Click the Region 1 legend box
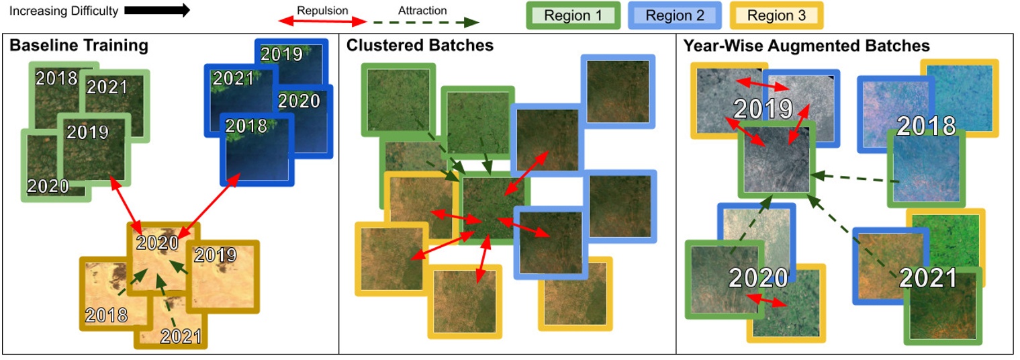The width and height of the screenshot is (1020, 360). point(573,15)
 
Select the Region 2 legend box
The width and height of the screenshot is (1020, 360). point(675,15)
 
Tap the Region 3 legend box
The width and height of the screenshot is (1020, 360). point(776,15)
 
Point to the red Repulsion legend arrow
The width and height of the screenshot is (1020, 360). point(323,22)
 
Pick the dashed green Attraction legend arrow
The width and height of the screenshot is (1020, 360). point(422,22)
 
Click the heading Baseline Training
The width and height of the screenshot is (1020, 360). point(78,46)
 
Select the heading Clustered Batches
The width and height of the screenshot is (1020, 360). point(420,46)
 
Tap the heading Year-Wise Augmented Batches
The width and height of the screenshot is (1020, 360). point(806,46)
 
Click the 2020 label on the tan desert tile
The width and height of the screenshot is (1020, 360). point(158,243)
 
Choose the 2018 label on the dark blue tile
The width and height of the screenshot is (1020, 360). point(246,126)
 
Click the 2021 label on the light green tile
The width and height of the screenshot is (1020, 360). point(107,87)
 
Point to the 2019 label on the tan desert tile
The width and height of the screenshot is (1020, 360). point(216,255)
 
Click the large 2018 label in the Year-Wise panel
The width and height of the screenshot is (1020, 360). point(926,126)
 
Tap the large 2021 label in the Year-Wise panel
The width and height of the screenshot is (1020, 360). point(928,277)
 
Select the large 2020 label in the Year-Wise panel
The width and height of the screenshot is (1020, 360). point(758,277)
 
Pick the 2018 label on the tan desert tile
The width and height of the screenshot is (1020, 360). point(106,314)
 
